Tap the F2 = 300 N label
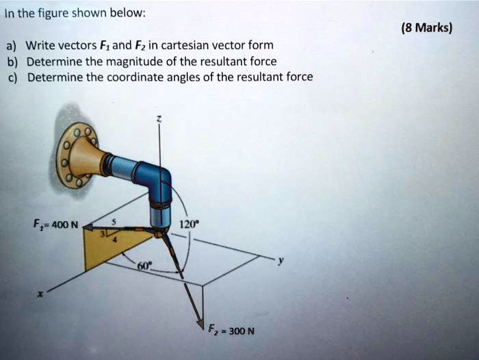click(231, 331)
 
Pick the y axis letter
click(279, 261)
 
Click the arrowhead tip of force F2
click(201, 326)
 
